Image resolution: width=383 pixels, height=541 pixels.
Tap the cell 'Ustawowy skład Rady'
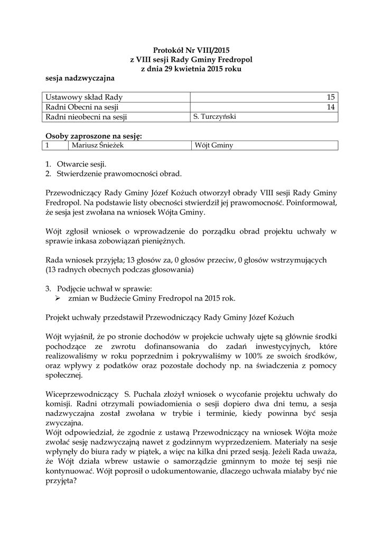[x=84, y=98]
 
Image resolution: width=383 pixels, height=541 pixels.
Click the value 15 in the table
[x=331, y=98]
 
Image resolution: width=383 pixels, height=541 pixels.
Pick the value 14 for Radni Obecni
[x=331, y=107]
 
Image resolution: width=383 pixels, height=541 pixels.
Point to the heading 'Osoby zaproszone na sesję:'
[x=94, y=136]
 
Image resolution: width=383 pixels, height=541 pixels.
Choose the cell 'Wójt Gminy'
[x=214, y=145]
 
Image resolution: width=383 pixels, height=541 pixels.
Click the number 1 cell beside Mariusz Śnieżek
[x=48, y=145]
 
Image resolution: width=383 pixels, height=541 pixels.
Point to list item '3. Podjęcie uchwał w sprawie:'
[x=103, y=288]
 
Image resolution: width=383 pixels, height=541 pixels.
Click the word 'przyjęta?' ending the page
[x=62, y=481]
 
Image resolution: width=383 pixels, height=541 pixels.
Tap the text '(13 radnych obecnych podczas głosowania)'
[x=119, y=269]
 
